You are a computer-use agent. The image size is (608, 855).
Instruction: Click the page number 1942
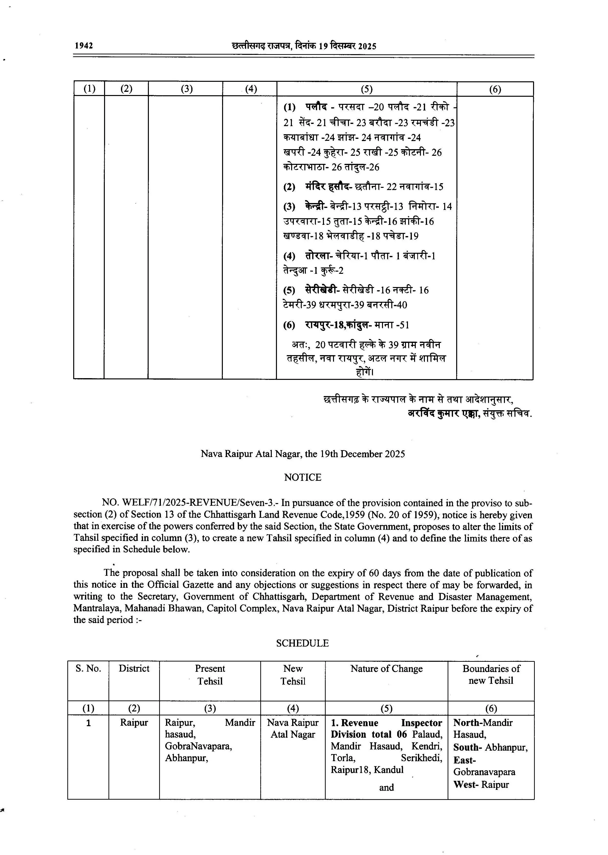84,46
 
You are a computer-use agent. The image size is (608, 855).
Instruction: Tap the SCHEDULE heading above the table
302,643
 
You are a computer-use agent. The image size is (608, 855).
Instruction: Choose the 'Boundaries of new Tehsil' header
491,674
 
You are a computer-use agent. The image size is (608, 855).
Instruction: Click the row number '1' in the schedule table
88,723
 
